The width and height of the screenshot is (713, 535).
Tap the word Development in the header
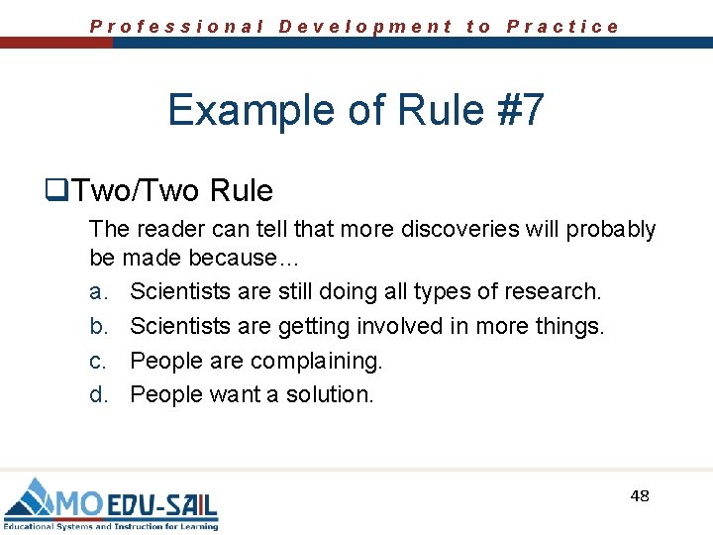click(365, 27)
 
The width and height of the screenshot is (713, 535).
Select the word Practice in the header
click(562, 27)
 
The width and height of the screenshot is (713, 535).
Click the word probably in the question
click(611, 230)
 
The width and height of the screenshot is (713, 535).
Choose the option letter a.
click(98, 292)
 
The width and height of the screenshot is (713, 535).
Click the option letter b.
click(98, 326)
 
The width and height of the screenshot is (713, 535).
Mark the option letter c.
click(97, 361)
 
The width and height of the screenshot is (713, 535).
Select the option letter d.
click(98, 394)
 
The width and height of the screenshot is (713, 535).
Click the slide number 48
click(640, 495)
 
